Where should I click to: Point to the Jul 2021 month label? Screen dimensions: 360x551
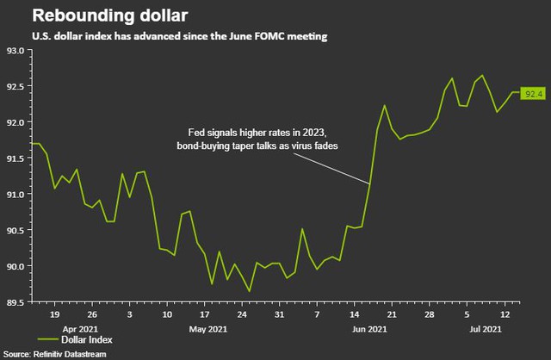click(485, 329)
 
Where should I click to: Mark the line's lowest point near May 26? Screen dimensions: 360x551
click(250, 291)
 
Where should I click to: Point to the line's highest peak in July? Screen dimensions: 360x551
click(482, 76)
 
